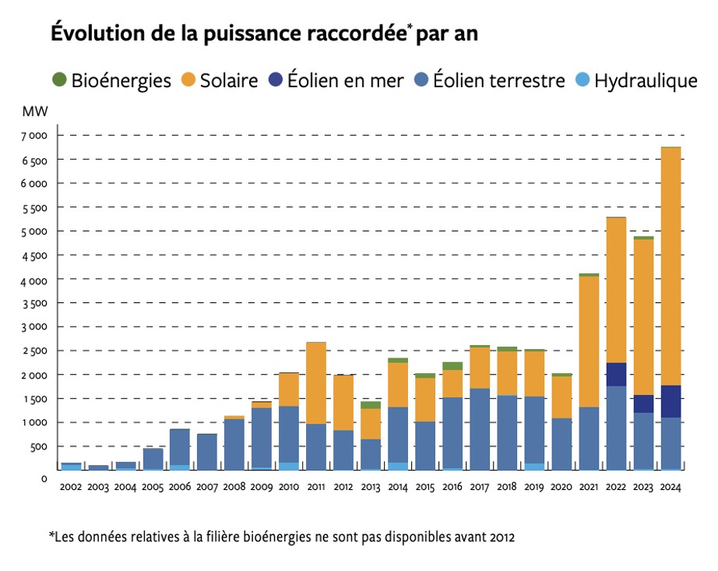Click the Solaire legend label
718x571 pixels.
point(228,79)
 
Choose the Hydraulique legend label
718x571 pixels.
point(645,79)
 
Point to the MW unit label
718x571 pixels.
point(35,111)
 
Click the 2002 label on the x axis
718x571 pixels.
point(72,487)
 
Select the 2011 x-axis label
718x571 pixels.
point(315,487)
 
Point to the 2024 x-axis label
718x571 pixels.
point(670,487)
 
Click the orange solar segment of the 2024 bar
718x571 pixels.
point(670,265)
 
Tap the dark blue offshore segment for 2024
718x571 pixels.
point(670,401)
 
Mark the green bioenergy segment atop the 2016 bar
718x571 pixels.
point(452,365)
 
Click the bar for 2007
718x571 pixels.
point(207,452)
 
